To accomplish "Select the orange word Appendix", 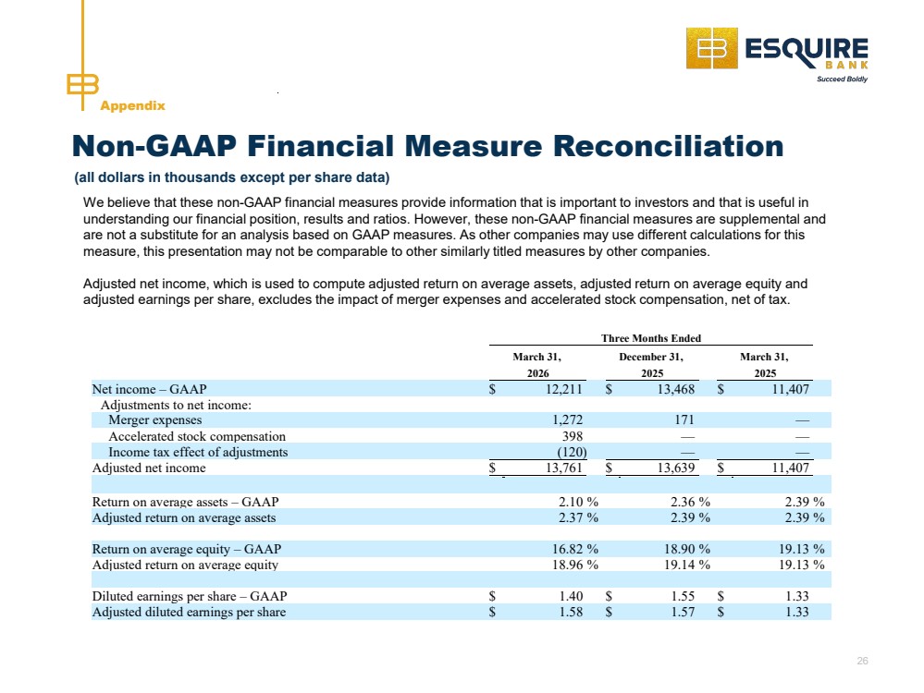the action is pos(132,106).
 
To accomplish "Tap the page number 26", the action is pos(862,662).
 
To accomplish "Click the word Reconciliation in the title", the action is pos(668,146).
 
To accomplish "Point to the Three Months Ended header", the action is pos(650,338).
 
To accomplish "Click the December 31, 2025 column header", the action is pos(651,365).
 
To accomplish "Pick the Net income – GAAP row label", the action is pos(149,389).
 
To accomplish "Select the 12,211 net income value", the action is pos(564,389).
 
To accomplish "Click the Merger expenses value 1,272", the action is pos(568,419).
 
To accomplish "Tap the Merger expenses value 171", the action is pos(684,419).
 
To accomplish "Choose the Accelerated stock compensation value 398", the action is pos(573,436).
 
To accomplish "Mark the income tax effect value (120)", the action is pos(573,452).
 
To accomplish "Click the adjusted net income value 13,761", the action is pos(564,468).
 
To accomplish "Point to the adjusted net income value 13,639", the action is pos(676,468).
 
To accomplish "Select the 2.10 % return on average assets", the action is pos(578,502).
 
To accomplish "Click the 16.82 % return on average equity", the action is pos(575,549).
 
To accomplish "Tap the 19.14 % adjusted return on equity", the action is pos(687,565).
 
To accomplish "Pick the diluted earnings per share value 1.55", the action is pos(683,596).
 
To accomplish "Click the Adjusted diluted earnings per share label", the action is pos(190,612).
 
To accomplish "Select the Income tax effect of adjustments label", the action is pos(198,452).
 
